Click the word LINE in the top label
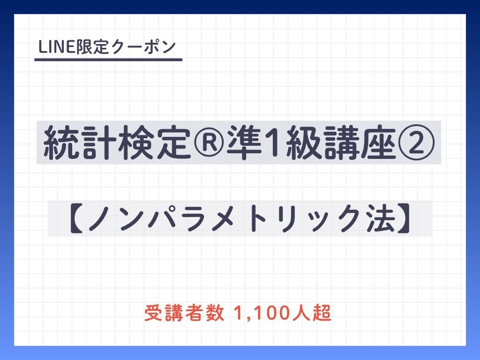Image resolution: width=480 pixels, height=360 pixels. [x=57, y=47]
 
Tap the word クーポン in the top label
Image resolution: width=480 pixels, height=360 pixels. [x=144, y=47]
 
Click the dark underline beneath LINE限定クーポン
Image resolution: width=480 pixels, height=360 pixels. [x=108, y=60]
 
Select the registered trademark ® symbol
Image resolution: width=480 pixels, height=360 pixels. [x=209, y=142]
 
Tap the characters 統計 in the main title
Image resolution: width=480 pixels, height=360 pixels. [x=80, y=142]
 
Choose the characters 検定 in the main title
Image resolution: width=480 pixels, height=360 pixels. [x=155, y=142]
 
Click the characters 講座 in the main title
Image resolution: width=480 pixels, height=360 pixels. [x=360, y=142]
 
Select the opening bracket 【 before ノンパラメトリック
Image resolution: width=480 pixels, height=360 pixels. [x=76, y=219]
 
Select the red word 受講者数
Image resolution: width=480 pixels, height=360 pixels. [x=184, y=313]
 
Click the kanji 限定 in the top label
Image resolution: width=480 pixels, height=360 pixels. [x=92, y=47]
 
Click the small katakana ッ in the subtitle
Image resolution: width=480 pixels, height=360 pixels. [x=320, y=222]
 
